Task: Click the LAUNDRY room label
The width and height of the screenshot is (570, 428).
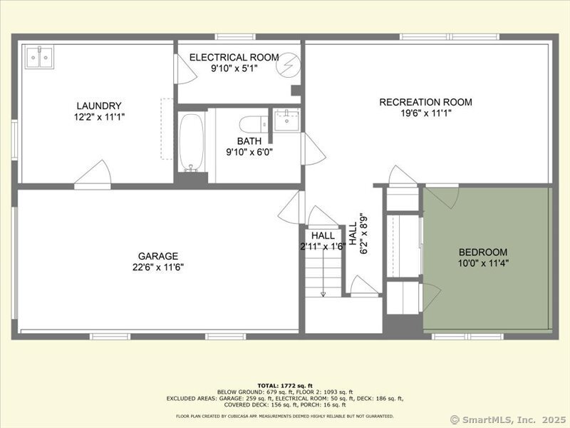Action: coord(99,106)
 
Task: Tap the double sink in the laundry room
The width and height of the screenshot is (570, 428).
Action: coord(40,57)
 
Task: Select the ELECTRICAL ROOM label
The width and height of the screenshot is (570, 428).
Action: coord(234,58)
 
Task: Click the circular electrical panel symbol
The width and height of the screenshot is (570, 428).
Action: coord(289,66)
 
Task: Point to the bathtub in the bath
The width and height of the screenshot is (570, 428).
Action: coord(191,142)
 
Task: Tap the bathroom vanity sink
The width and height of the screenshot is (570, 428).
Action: coord(286,120)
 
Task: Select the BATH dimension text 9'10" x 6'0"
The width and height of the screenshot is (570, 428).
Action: coord(249,152)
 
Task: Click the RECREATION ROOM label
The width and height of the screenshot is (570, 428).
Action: coord(425,102)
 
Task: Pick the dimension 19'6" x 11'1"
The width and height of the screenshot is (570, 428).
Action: coord(426,113)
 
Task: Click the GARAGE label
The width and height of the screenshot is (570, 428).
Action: coord(158,256)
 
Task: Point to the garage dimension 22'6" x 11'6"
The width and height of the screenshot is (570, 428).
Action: coord(158,267)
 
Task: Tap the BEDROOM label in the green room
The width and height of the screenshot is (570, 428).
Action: coord(483,252)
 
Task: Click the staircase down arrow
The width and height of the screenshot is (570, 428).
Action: coord(323,274)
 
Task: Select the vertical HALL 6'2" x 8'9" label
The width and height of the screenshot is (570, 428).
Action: coord(358,234)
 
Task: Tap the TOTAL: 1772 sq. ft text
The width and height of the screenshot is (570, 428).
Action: coord(285,385)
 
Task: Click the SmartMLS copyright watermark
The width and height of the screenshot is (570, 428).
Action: coord(508,419)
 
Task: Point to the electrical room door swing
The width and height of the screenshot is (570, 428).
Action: coord(185,69)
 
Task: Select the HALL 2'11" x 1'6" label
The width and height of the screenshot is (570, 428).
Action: coord(323,241)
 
